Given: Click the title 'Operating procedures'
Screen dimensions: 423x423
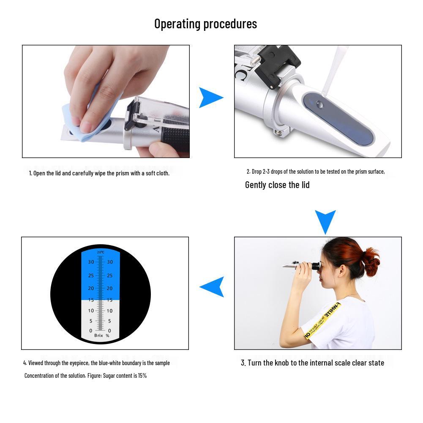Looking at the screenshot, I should [x=205, y=24].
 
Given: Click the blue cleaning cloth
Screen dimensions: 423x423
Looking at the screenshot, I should [x=80, y=123].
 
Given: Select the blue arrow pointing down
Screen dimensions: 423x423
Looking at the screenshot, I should [x=325, y=220].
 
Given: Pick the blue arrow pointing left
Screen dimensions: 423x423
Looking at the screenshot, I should [x=213, y=287].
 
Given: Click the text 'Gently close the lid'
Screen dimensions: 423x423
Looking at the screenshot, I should [x=277, y=185].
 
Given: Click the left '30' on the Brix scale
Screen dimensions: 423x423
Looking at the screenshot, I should [x=91, y=262].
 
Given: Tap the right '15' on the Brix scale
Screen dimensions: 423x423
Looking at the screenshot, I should [x=110, y=300].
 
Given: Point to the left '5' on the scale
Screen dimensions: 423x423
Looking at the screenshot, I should [x=91, y=321].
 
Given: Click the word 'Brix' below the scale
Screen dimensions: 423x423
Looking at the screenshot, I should [x=98, y=335].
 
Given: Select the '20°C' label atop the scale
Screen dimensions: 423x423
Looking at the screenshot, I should [x=100, y=252].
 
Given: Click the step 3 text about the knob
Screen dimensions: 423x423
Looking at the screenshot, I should [x=312, y=363].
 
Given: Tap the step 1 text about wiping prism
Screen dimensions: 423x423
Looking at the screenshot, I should [x=99, y=173].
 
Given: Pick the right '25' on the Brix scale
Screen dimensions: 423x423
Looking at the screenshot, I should [x=110, y=276].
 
